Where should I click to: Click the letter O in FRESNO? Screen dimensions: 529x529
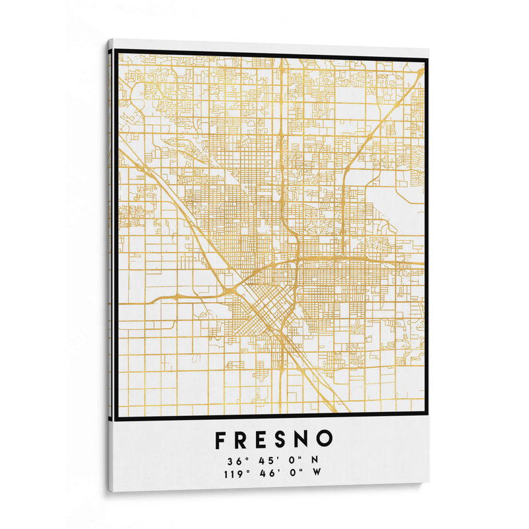(x=327, y=439)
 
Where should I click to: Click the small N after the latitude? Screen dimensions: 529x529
(x=315, y=460)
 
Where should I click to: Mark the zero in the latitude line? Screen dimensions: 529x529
(x=286, y=460)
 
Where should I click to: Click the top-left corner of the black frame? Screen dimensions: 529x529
(x=116, y=52)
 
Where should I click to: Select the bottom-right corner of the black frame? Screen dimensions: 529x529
(x=427, y=417)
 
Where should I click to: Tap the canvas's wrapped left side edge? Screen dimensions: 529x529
(x=110, y=264)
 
